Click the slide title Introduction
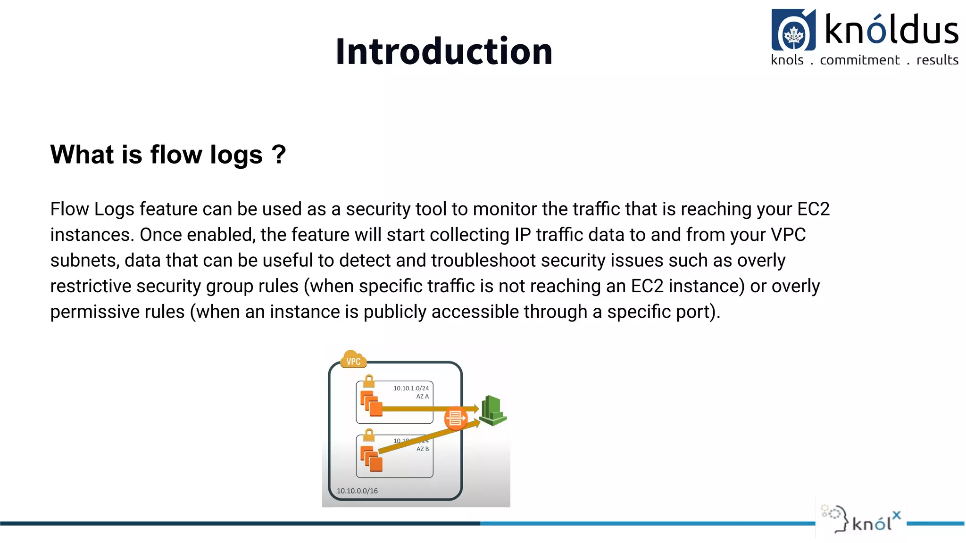click(x=444, y=51)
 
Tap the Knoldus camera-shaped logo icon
click(x=793, y=30)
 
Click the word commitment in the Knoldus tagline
click(x=859, y=60)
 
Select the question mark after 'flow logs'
click(x=279, y=154)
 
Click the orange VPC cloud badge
click(x=353, y=360)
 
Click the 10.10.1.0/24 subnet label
click(x=411, y=388)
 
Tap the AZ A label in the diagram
click(x=422, y=396)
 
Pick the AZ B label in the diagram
click(x=422, y=449)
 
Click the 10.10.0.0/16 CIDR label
click(x=357, y=491)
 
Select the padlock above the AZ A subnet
click(x=369, y=381)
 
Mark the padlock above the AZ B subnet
click(x=369, y=435)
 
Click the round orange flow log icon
click(x=455, y=418)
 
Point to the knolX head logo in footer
click(x=836, y=518)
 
